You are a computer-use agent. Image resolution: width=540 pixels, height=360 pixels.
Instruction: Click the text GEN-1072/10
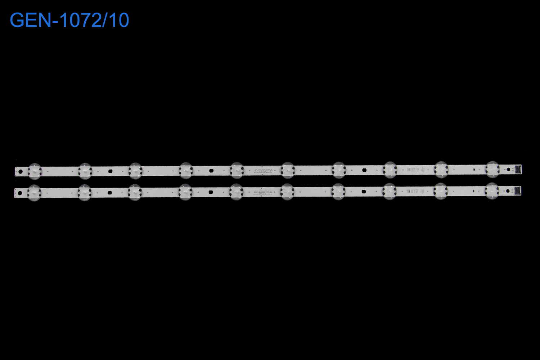pyautogui.click(x=69, y=21)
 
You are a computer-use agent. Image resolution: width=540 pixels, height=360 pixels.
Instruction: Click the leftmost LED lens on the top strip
pyautogui.click(x=35, y=171)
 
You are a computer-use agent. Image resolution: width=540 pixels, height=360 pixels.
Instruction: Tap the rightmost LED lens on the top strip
pyautogui.click(x=492, y=169)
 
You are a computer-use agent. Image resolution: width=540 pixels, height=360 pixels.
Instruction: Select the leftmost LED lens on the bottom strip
pyautogui.click(x=34, y=193)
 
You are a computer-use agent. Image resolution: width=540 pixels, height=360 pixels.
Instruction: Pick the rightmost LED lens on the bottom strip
pyautogui.click(x=492, y=191)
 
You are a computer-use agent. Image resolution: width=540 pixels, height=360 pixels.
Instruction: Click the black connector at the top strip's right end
pyautogui.click(x=518, y=168)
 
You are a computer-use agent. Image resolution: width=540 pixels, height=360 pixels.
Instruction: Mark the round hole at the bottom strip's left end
pyautogui.click(x=20, y=193)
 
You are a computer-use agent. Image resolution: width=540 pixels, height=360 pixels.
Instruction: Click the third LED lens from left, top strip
pyautogui.click(x=135, y=171)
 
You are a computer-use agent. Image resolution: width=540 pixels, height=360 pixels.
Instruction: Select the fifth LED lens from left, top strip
pyautogui.click(x=237, y=170)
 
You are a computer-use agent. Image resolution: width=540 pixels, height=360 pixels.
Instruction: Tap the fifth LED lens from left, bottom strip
pyautogui.click(x=236, y=192)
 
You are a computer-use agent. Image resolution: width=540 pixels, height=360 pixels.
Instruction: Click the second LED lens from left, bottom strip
pyautogui.click(x=85, y=192)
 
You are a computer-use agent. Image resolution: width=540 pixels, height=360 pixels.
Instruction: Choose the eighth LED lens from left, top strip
pyautogui.click(x=390, y=170)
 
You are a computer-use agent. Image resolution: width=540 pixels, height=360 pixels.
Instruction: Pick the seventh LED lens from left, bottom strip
pyautogui.click(x=338, y=191)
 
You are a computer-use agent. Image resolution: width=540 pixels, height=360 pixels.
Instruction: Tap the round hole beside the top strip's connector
pyautogui.click(x=508, y=169)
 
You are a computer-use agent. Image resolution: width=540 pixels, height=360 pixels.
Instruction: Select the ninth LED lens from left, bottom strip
pyautogui.click(x=441, y=191)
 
